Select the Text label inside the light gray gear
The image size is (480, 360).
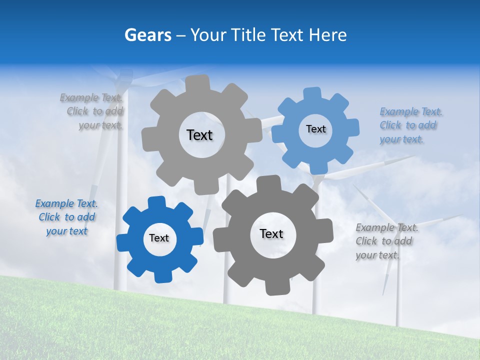[199, 135]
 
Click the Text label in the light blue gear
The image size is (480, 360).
[315, 129]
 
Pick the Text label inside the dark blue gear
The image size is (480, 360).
[159, 238]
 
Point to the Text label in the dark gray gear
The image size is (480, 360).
[271, 233]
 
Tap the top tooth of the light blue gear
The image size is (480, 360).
[312, 94]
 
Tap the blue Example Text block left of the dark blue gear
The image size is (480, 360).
[66, 217]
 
